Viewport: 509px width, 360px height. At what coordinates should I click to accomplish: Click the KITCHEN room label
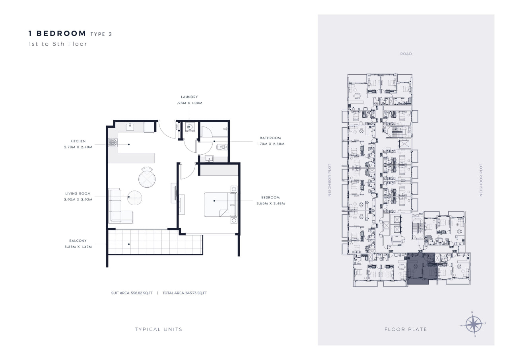(x=78, y=141)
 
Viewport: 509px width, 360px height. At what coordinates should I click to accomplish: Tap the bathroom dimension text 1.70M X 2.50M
(x=271, y=144)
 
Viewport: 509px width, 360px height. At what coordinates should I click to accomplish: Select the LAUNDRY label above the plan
(x=189, y=97)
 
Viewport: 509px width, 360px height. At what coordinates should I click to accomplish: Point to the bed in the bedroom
(x=220, y=204)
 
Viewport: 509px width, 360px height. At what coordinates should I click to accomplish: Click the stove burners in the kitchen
(x=113, y=142)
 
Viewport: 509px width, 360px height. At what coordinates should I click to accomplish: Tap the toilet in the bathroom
(x=222, y=148)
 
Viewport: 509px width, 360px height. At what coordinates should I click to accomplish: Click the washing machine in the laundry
(x=190, y=127)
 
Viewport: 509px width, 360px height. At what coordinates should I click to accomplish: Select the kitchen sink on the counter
(x=130, y=127)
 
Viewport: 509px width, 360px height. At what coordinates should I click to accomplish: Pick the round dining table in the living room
(x=147, y=179)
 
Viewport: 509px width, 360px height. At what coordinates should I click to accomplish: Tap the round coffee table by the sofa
(x=134, y=198)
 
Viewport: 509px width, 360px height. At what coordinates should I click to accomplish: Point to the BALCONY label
(x=78, y=241)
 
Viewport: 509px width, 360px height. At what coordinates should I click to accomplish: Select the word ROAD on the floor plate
(x=406, y=54)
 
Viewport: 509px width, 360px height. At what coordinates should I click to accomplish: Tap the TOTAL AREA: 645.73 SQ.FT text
(x=185, y=293)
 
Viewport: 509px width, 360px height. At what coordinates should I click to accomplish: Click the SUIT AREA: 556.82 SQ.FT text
(x=132, y=293)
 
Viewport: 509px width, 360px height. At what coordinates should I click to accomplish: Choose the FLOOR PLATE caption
(x=406, y=329)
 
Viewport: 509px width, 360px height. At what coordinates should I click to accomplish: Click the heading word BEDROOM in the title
(x=61, y=33)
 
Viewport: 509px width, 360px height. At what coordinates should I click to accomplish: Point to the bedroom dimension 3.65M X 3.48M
(x=271, y=203)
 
